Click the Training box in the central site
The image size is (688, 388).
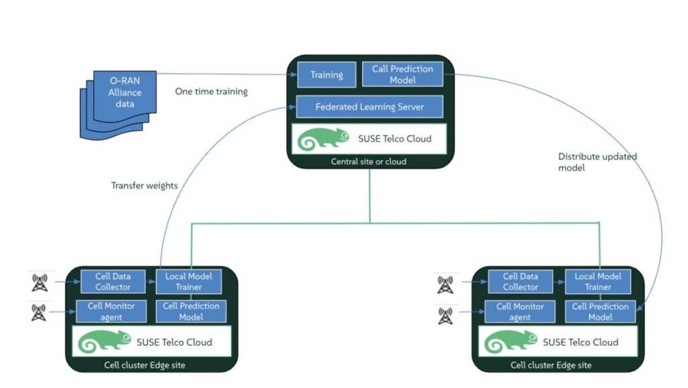click(x=327, y=75)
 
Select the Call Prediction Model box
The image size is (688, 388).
click(x=402, y=74)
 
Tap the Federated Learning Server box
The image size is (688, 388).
click(x=370, y=107)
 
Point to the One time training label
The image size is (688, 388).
click(x=211, y=91)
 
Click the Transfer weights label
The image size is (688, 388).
click(x=144, y=186)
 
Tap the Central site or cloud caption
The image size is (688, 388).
click(x=369, y=162)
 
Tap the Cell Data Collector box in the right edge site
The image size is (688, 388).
click(x=521, y=282)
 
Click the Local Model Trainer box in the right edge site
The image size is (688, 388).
click(x=597, y=282)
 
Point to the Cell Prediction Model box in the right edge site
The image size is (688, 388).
click(x=600, y=312)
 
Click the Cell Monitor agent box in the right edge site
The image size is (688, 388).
click(x=520, y=312)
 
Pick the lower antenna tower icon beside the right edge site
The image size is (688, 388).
click(x=444, y=315)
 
